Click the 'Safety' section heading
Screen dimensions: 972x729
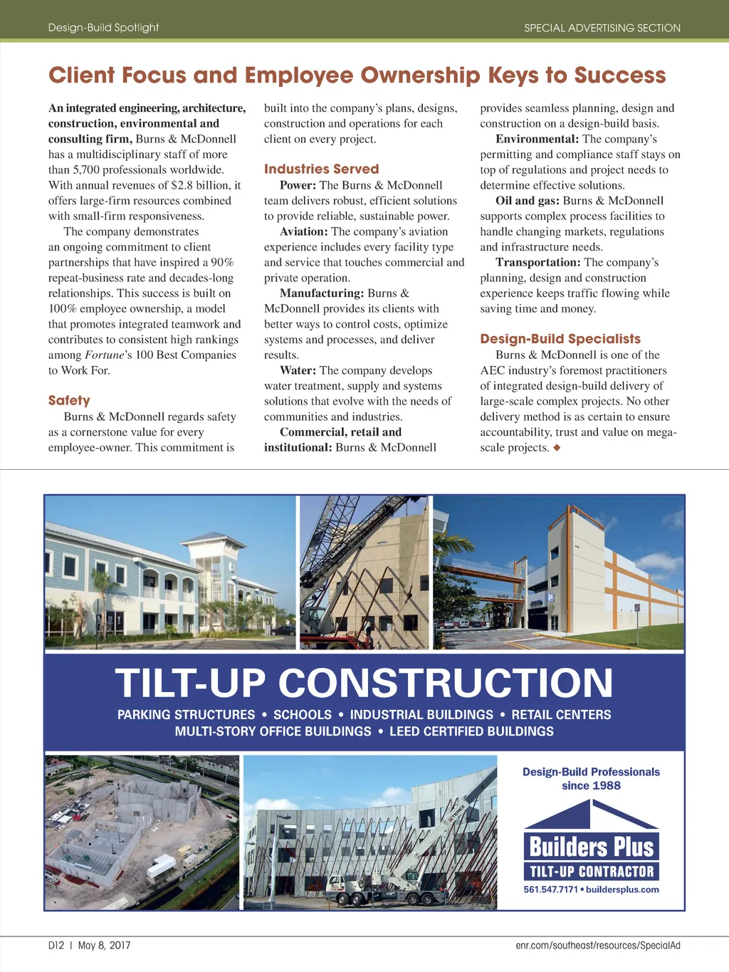click(69, 401)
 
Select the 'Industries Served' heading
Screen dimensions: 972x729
click(321, 169)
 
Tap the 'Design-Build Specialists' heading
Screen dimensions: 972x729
click(560, 339)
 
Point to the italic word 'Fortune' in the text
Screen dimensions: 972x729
click(105, 355)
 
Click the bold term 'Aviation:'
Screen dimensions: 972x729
click(304, 231)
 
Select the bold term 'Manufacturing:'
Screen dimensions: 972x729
click(322, 293)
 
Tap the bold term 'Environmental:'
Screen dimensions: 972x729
click(537, 139)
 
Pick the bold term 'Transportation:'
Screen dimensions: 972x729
click(538, 262)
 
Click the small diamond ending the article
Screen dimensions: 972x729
click(557, 448)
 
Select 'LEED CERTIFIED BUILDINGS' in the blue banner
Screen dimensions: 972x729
click(471, 731)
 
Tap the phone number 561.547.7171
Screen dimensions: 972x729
click(550, 889)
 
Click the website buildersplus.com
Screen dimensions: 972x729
click(622, 889)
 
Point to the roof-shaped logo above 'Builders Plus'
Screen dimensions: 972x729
click(591, 815)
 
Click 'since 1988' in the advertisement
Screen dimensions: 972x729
click(591, 785)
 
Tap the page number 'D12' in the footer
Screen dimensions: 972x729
click(56, 945)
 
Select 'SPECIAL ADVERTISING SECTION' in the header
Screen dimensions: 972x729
click(602, 28)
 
